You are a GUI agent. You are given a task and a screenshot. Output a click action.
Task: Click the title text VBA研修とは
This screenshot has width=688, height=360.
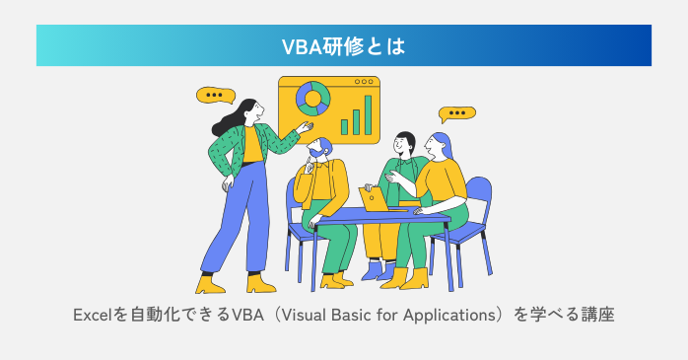click(x=343, y=45)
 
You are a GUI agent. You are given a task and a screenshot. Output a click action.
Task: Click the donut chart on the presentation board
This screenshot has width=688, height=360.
click(x=313, y=99)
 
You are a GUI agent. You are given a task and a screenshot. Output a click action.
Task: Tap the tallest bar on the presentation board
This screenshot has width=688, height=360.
click(x=369, y=114)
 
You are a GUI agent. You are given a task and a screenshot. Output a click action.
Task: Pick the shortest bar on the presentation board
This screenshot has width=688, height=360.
click(x=344, y=126)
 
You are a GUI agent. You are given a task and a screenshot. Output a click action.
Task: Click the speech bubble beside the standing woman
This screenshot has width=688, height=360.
click(x=214, y=96)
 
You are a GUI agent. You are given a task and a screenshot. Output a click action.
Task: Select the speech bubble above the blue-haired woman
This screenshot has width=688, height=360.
click(x=456, y=113)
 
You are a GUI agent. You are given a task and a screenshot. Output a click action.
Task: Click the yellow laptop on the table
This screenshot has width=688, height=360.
click(x=376, y=199)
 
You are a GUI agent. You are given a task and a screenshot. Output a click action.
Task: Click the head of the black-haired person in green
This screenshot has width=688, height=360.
click(x=403, y=143)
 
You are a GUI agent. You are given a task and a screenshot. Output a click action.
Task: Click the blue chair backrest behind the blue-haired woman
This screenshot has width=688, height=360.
click(x=477, y=194)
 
